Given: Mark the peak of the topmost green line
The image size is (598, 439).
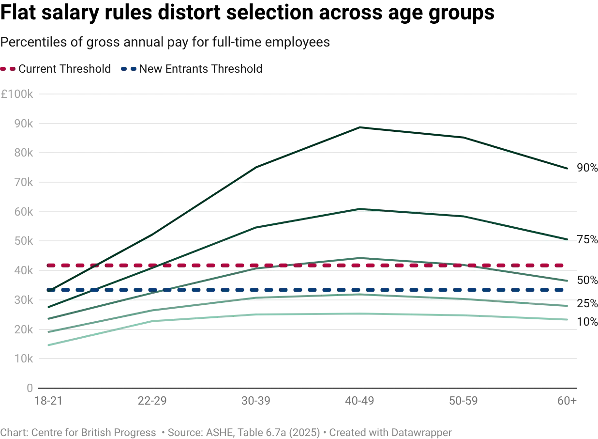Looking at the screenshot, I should tap(365, 127).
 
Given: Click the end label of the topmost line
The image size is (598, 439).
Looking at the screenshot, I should tap(587, 169).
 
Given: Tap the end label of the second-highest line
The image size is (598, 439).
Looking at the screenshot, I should tap(587, 238).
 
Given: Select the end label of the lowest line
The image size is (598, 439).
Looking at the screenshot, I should tap(587, 320).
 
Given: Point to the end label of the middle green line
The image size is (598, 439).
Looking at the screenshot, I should tap(587, 281).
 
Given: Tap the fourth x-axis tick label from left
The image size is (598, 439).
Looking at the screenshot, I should tap(360, 401).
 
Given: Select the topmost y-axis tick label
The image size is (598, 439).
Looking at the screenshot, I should tap(18, 95).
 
